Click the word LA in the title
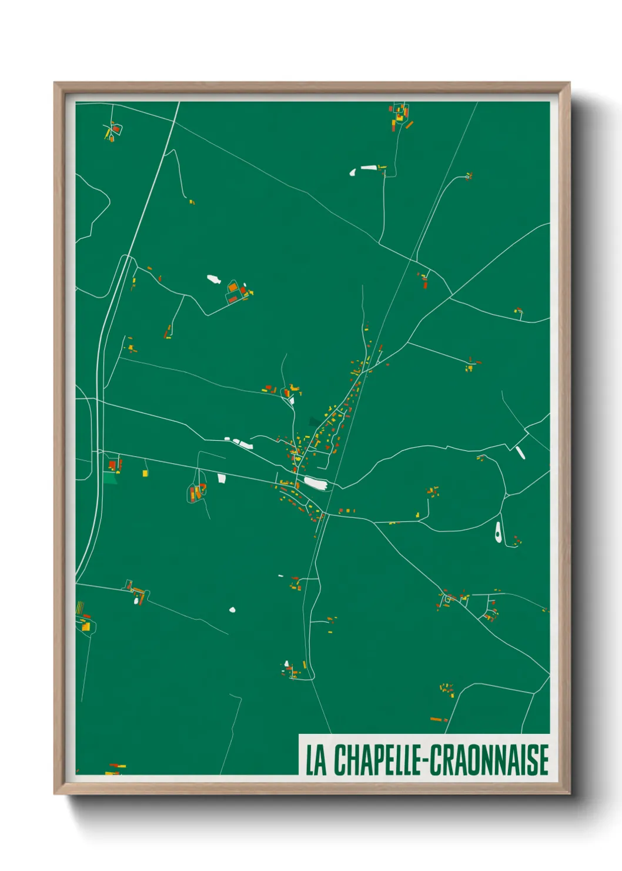click(x=316, y=760)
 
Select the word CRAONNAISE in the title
click(x=489, y=760)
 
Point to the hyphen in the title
click(x=423, y=761)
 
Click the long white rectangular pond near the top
click(x=369, y=168)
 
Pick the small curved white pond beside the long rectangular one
click(x=353, y=172)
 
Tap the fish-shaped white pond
click(x=213, y=279)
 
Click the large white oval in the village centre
click(x=315, y=483)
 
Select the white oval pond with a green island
click(x=498, y=532)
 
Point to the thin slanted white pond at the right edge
click(x=520, y=452)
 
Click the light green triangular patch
click(x=110, y=478)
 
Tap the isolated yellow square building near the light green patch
click(x=145, y=473)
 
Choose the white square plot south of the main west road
click(x=222, y=478)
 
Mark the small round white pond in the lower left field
click(x=232, y=610)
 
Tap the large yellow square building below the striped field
click(x=86, y=627)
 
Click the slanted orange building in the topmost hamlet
click(x=409, y=125)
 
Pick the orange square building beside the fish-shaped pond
click(x=232, y=287)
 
